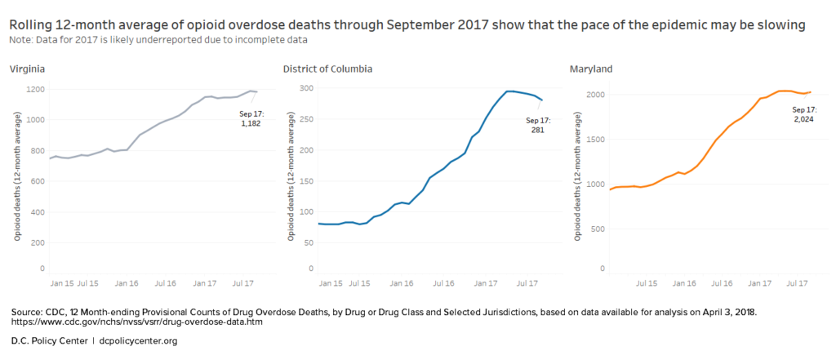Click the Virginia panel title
pyautogui.click(x=27, y=69)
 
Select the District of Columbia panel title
pyautogui.click(x=327, y=69)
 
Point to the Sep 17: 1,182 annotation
pyautogui.click(x=250, y=118)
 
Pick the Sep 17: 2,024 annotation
pyautogui.click(x=806, y=113)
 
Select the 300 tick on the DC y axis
pyautogui.click(x=305, y=88)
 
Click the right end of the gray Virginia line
pyautogui.click(x=257, y=91)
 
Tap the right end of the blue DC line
pyautogui.click(x=542, y=100)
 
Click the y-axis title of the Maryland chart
pyautogui.click(x=576, y=184)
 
